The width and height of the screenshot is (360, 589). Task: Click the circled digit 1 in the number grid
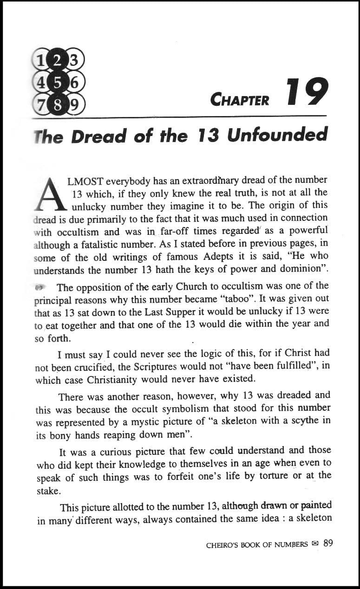point(40,59)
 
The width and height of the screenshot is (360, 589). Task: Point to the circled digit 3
point(74,59)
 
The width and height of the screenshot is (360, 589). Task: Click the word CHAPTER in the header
point(239,100)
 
